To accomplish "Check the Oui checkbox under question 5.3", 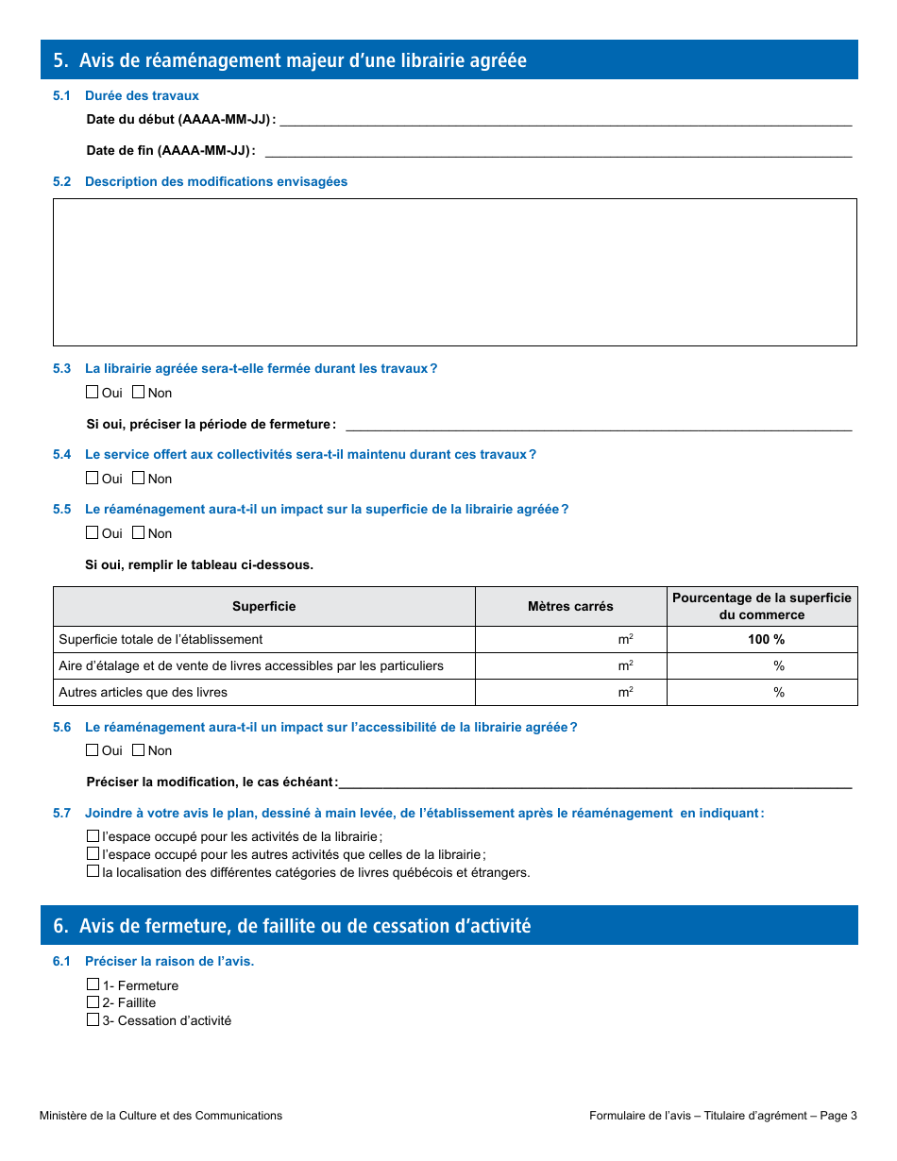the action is [93, 392].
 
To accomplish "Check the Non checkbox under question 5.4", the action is [138, 478].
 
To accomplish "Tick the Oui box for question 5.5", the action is [93, 532].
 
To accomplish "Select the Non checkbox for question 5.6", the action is [138, 749].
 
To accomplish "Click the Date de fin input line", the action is [557, 151].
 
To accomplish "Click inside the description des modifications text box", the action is [454, 272].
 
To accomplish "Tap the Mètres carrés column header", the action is [570, 607].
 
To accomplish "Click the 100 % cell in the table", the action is [766, 640].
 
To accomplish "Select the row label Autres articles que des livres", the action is [144, 693].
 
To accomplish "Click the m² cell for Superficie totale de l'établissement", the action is [570, 640].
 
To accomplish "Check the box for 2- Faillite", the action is [93, 1002].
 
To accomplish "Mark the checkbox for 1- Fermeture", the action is [93, 984].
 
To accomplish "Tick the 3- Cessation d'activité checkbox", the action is [93, 1020].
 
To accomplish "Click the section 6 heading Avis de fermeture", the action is [304, 926].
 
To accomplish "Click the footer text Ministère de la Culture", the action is [161, 1116].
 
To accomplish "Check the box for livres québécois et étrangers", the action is [93, 871].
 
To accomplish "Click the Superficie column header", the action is [263, 607].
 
